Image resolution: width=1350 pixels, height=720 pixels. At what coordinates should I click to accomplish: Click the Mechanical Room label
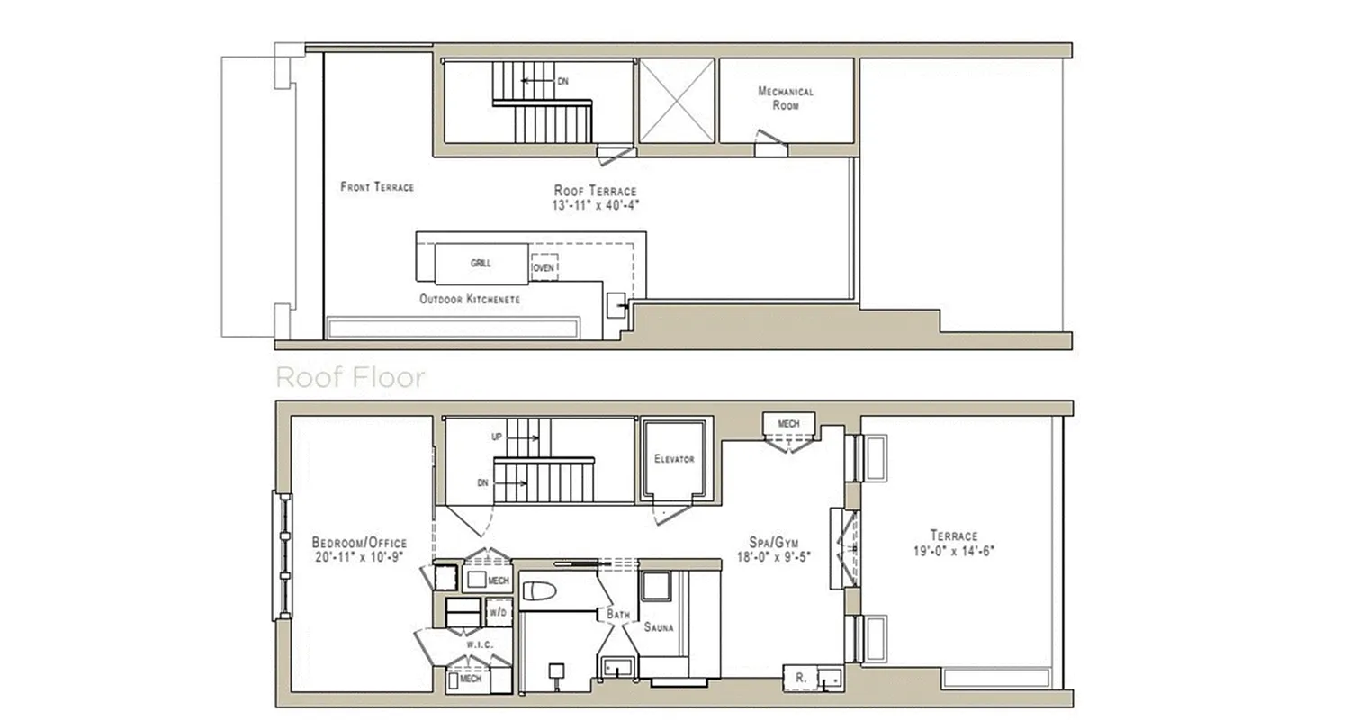(x=786, y=98)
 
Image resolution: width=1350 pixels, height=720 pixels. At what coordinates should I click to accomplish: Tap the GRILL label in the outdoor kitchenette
(x=481, y=264)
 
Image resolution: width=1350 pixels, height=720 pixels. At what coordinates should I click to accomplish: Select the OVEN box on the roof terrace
(x=544, y=268)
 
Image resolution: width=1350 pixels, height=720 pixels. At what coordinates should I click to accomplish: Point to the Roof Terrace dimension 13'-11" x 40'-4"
(x=595, y=204)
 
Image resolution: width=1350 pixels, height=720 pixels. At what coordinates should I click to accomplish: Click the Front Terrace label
(x=377, y=187)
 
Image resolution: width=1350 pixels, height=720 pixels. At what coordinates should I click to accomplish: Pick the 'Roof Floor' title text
(x=350, y=377)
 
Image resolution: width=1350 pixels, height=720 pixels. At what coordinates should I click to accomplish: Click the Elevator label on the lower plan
(x=674, y=459)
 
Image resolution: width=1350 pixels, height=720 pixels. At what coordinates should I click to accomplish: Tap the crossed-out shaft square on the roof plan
(x=676, y=101)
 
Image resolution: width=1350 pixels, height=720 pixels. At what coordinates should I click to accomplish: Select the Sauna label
(x=659, y=627)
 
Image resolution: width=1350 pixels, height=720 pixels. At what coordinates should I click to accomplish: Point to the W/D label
(x=498, y=613)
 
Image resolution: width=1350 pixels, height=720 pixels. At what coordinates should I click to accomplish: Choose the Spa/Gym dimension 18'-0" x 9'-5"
(x=774, y=556)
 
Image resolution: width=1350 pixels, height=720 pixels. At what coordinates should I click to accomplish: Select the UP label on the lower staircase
(x=497, y=438)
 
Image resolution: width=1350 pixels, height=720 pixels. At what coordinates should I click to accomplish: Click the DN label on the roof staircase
(x=562, y=82)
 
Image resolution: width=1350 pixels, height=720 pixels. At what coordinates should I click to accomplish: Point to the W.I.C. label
(x=477, y=645)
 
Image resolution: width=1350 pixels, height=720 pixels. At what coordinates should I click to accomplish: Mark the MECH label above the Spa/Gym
(x=788, y=423)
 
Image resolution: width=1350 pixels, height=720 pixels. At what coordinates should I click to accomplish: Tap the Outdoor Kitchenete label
(x=469, y=299)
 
